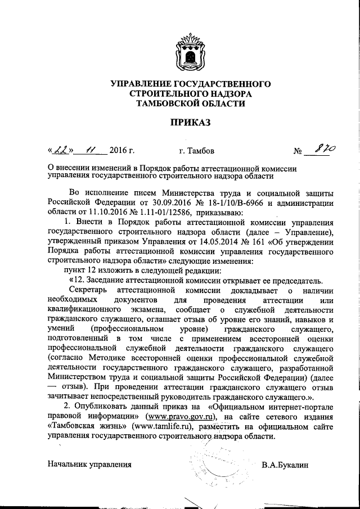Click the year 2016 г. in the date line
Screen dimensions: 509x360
pyautogui.click(x=121, y=151)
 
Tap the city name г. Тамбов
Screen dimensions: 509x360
pyautogui.click(x=196, y=151)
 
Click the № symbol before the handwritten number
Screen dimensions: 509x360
pyautogui.click(x=299, y=151)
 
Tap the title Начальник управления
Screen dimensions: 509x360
pyautogui.click(x=90, y=465)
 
